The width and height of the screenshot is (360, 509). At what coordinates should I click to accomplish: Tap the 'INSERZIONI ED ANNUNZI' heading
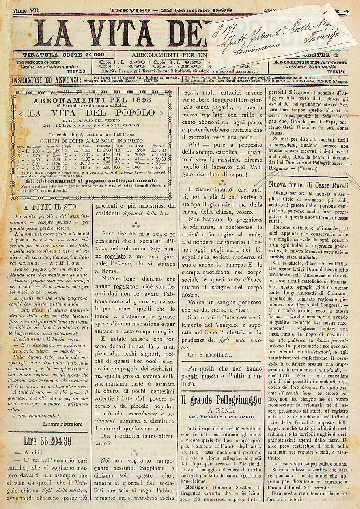point(44,80)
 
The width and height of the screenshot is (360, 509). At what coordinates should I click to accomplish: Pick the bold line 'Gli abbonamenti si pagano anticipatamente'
point(91,180)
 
